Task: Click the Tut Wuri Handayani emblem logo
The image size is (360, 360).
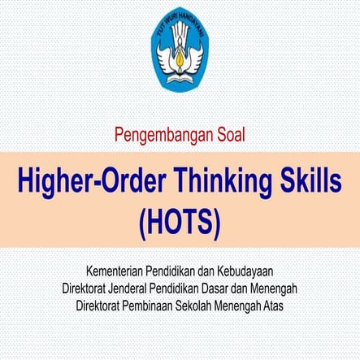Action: pyautogui.click(x=179, y=52)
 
